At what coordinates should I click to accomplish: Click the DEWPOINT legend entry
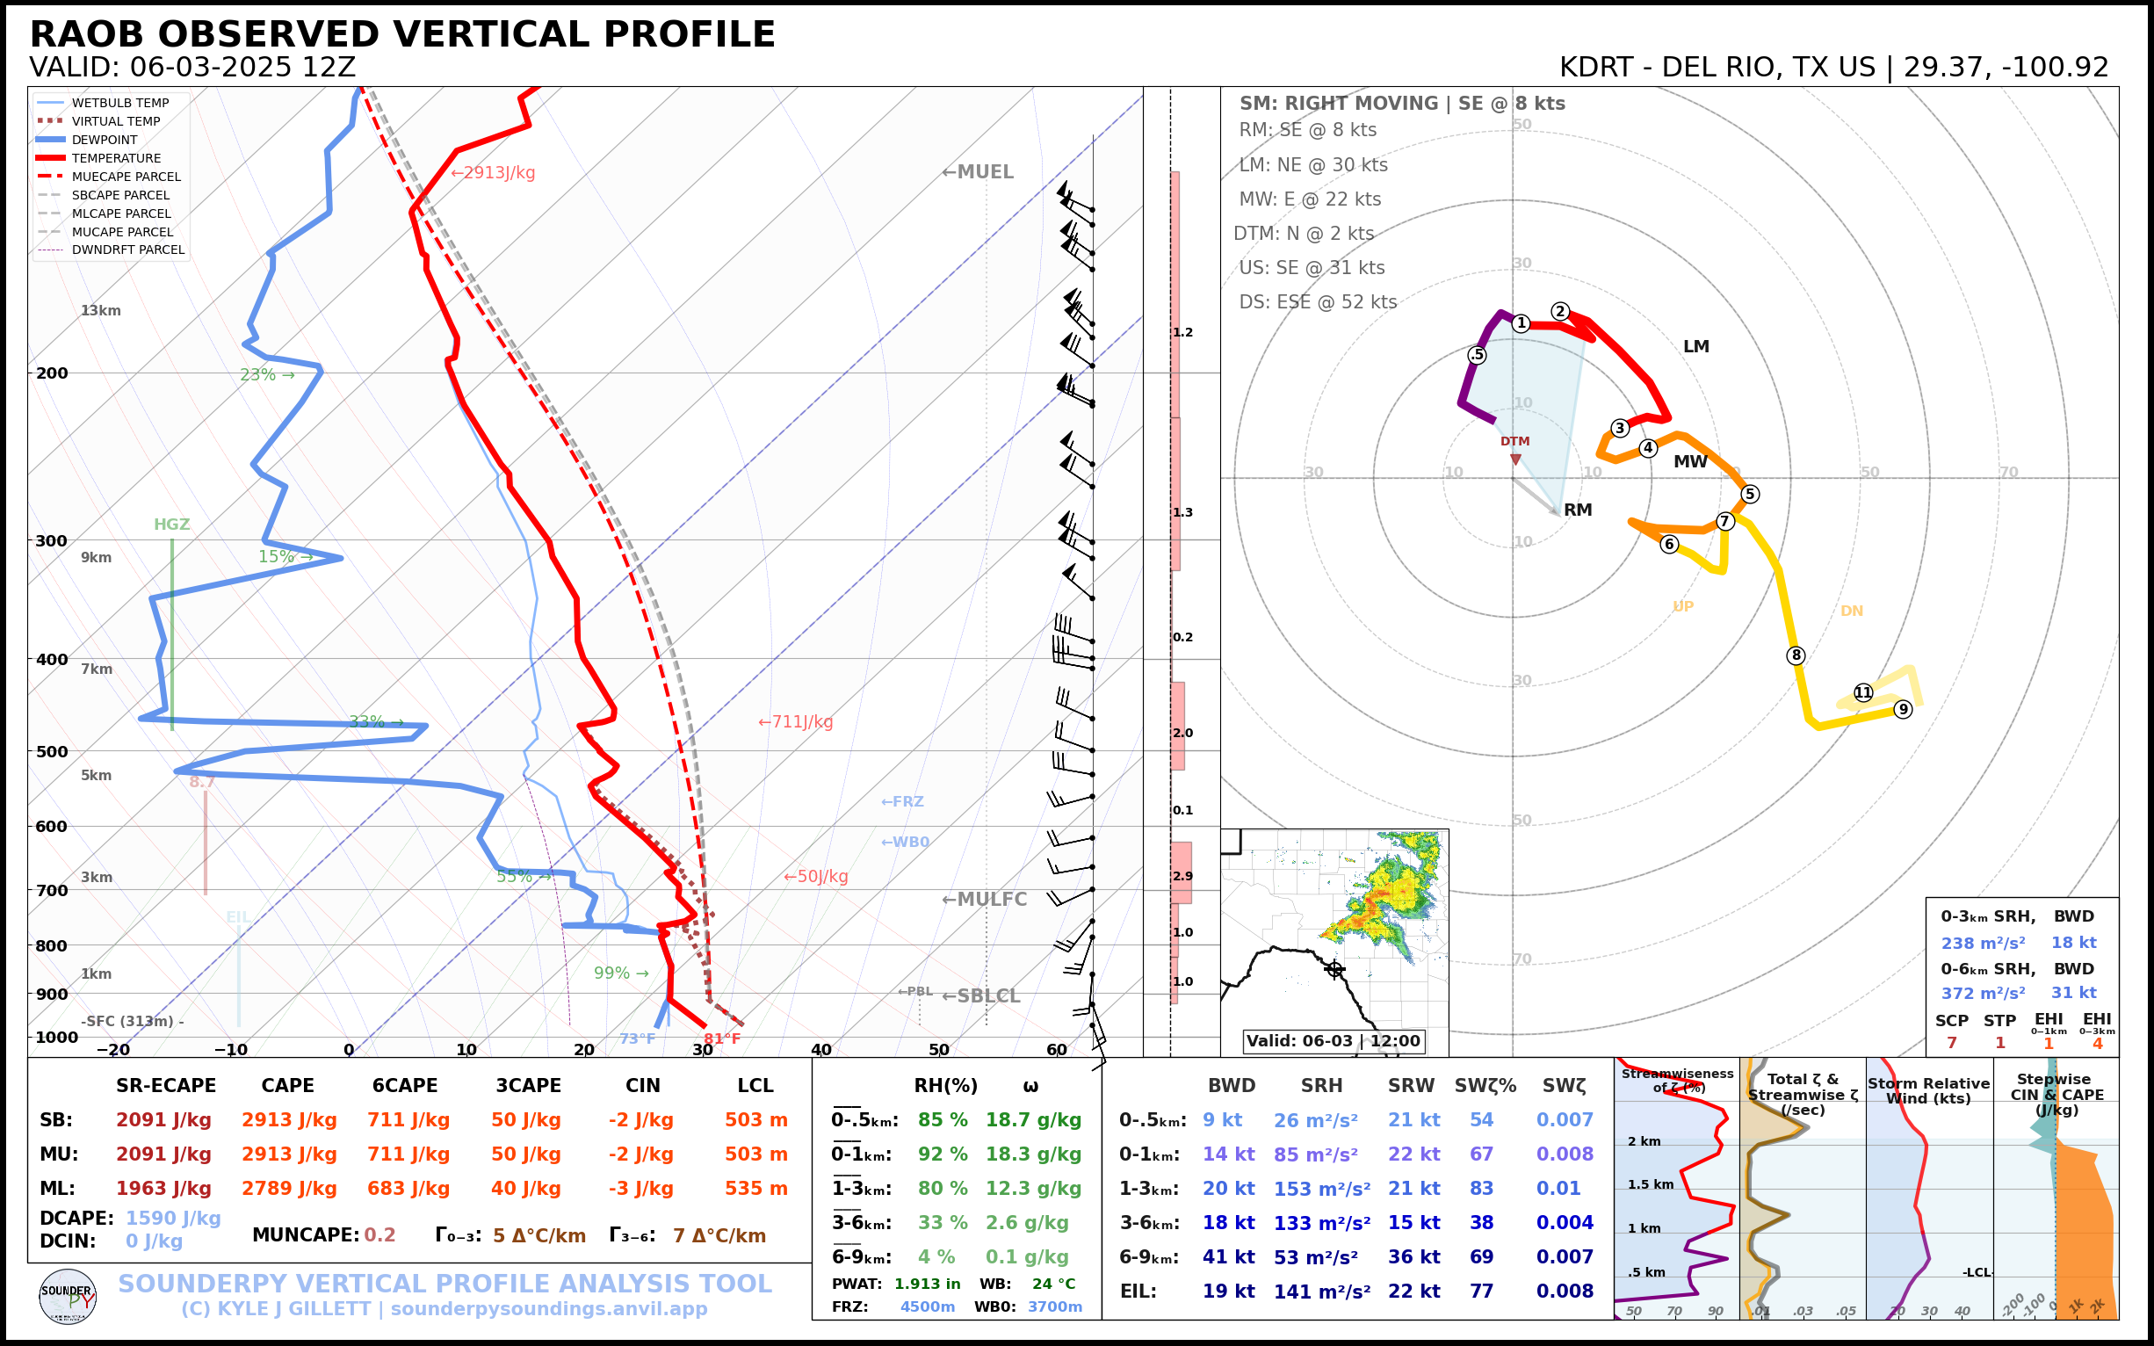105,140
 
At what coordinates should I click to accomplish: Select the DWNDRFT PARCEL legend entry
127,250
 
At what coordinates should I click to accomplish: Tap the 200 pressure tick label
52,373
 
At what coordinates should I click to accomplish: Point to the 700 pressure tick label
52,890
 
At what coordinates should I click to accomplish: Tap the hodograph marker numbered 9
1902,710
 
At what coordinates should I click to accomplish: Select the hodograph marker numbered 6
1669,544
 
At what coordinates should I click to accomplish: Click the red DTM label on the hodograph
1514,442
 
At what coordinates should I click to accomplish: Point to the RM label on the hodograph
1577,510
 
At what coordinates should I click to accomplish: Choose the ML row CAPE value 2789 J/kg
288,1189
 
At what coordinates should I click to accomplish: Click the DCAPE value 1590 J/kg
173,1218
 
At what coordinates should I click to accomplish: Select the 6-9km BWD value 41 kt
1228,1257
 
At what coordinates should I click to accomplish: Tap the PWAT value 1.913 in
927,1284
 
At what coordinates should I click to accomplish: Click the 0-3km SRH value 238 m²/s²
1982,943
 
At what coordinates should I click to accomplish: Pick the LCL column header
755,1086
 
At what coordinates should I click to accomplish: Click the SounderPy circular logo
68,1297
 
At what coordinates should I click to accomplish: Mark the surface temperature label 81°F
721,1038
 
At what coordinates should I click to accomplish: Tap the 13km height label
100,311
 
